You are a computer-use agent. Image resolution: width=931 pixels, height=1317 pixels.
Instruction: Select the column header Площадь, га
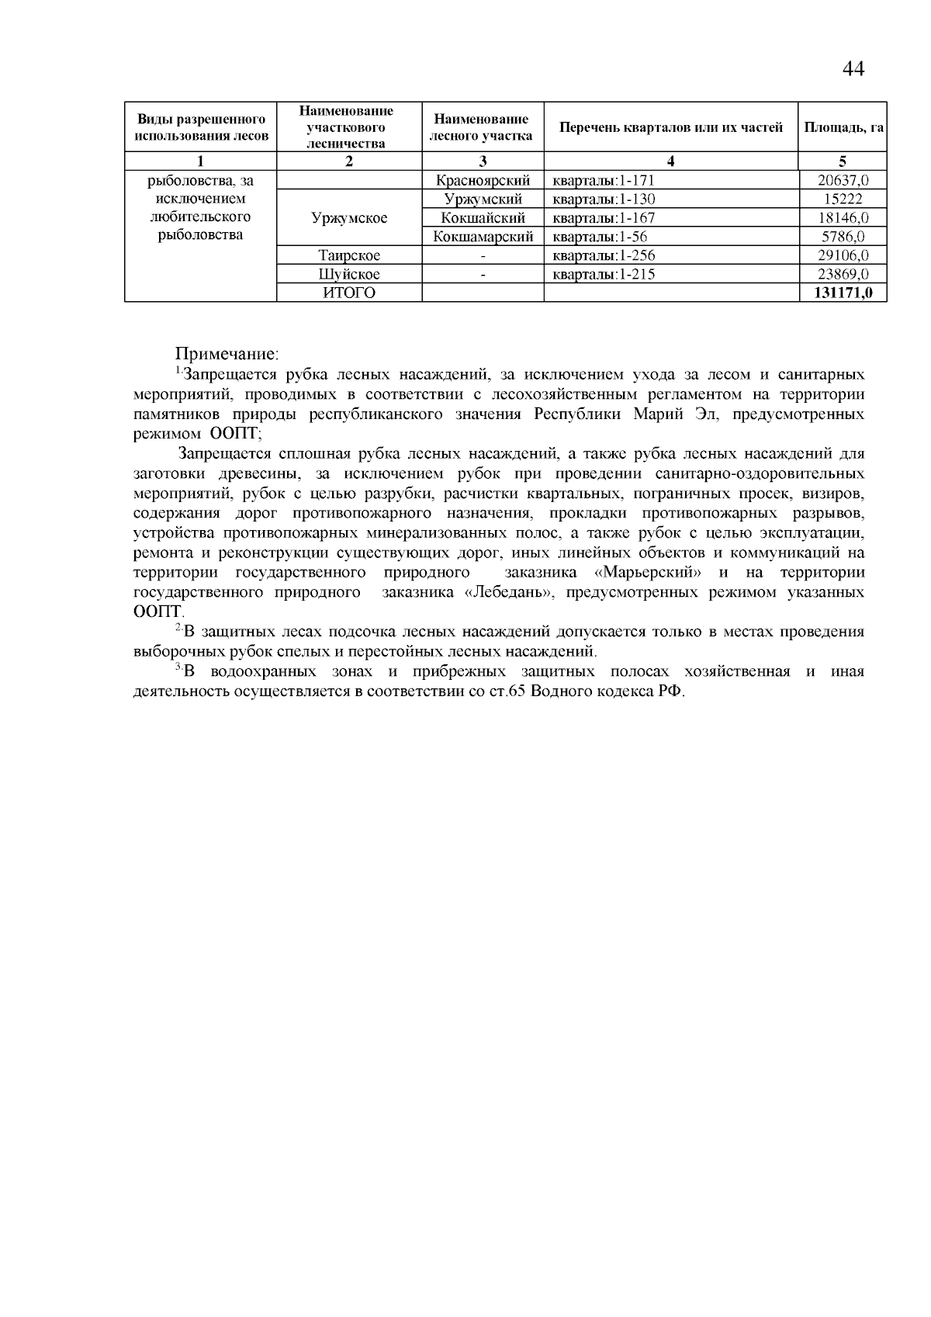(x=843, y=127)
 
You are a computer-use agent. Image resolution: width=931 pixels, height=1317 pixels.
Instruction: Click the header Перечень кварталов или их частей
(x=671, y=127)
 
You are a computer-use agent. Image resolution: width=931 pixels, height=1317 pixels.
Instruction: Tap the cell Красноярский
(x=483, y=181)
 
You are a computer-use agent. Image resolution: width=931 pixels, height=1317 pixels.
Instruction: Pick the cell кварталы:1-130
(x=604, y=199)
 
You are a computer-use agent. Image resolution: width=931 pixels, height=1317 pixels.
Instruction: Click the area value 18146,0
(x=843, y=218)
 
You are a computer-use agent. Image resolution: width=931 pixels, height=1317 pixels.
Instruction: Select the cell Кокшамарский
(x=483, y=237)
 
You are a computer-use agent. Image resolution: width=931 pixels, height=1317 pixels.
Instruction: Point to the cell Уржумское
(x=349, y=218)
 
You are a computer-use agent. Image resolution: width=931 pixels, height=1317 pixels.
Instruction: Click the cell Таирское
(x=349, y=255)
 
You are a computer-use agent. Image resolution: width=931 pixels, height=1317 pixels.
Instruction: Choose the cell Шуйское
(x=349, y=274)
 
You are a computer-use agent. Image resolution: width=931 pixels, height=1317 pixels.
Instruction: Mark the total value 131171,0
(x=843, y=293)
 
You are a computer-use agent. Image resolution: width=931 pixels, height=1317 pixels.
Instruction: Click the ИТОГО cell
(x=349, y=293)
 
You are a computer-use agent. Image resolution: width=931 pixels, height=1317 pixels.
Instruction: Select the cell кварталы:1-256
(x=604, y=255)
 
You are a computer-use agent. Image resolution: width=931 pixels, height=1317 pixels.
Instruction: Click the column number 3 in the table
(x=483, y=161)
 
